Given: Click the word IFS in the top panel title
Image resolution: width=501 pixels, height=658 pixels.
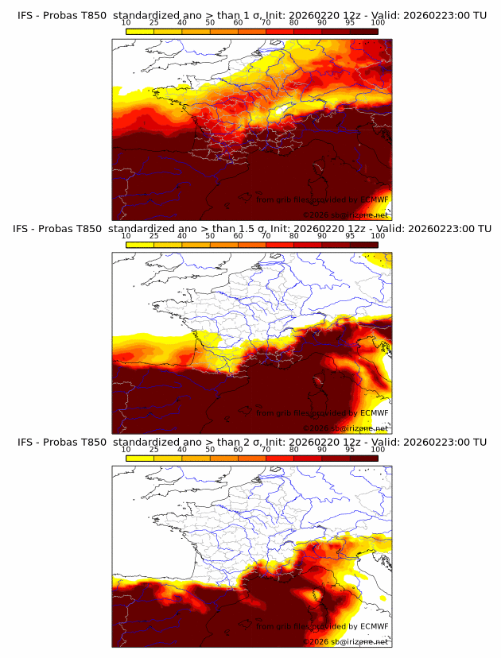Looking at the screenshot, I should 25,16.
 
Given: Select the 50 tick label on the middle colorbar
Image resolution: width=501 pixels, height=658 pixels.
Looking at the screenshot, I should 210,236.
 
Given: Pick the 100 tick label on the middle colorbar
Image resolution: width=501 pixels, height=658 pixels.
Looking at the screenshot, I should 378,236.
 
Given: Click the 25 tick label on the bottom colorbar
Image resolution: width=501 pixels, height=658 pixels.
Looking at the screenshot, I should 154,449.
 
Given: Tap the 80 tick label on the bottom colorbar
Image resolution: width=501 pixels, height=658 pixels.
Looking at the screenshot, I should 294,449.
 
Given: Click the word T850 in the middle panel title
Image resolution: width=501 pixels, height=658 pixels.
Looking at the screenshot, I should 89,229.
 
